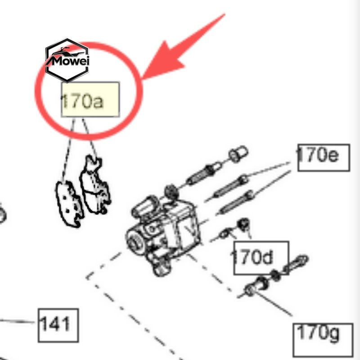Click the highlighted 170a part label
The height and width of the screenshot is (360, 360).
click(x=90, y=99)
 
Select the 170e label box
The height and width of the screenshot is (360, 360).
click(x=324, y=157)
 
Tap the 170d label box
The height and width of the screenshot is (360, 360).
click(x=261, y=257)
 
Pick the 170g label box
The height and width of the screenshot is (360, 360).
click(x=323, y=340)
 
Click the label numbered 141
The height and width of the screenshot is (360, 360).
click(x=58, y=325)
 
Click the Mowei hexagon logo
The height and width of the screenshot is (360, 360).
click(x=67, y=60)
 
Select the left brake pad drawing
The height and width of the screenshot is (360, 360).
click(x=69, y=204)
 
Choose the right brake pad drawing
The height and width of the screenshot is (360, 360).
click(x=95, y=184)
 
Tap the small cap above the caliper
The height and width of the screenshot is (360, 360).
click(x=238, y=153)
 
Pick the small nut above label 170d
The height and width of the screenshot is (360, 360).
click(x=243, y=224)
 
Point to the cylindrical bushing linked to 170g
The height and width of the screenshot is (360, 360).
click(x=256, y=286)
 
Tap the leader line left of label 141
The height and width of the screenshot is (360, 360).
click(x=17, y=321)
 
